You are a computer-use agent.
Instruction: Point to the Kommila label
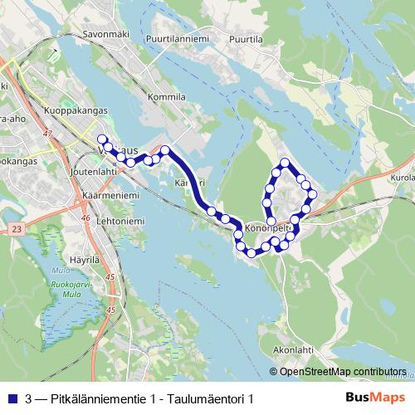[x=166, y=97]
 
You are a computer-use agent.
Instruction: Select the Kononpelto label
[x=267, y=225]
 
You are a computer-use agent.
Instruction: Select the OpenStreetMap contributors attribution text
[x=343, y=371]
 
